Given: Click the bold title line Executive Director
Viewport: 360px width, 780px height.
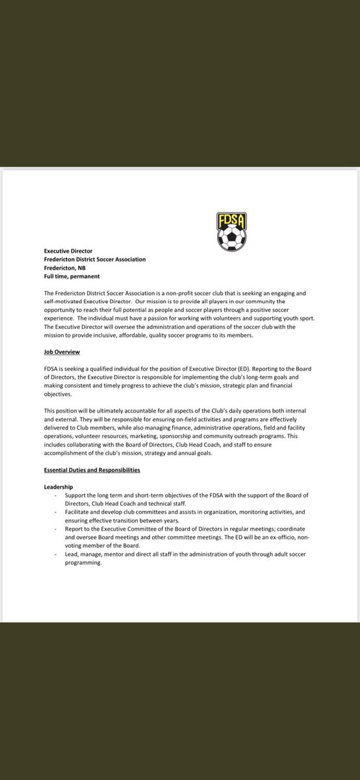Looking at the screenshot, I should [x=68, y=250].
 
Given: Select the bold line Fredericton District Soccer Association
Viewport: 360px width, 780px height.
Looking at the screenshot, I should [x=95, y=259].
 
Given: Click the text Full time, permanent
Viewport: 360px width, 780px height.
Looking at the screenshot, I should [x=71, y=277].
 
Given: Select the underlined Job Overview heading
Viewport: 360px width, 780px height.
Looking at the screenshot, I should [x=62, y=352].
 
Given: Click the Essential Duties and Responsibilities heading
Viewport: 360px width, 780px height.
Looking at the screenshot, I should [x=92, y=470].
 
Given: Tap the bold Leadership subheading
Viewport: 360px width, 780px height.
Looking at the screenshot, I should [x=58, y=486].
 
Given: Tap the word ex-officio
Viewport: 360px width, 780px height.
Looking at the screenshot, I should [x=278, y=537].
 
